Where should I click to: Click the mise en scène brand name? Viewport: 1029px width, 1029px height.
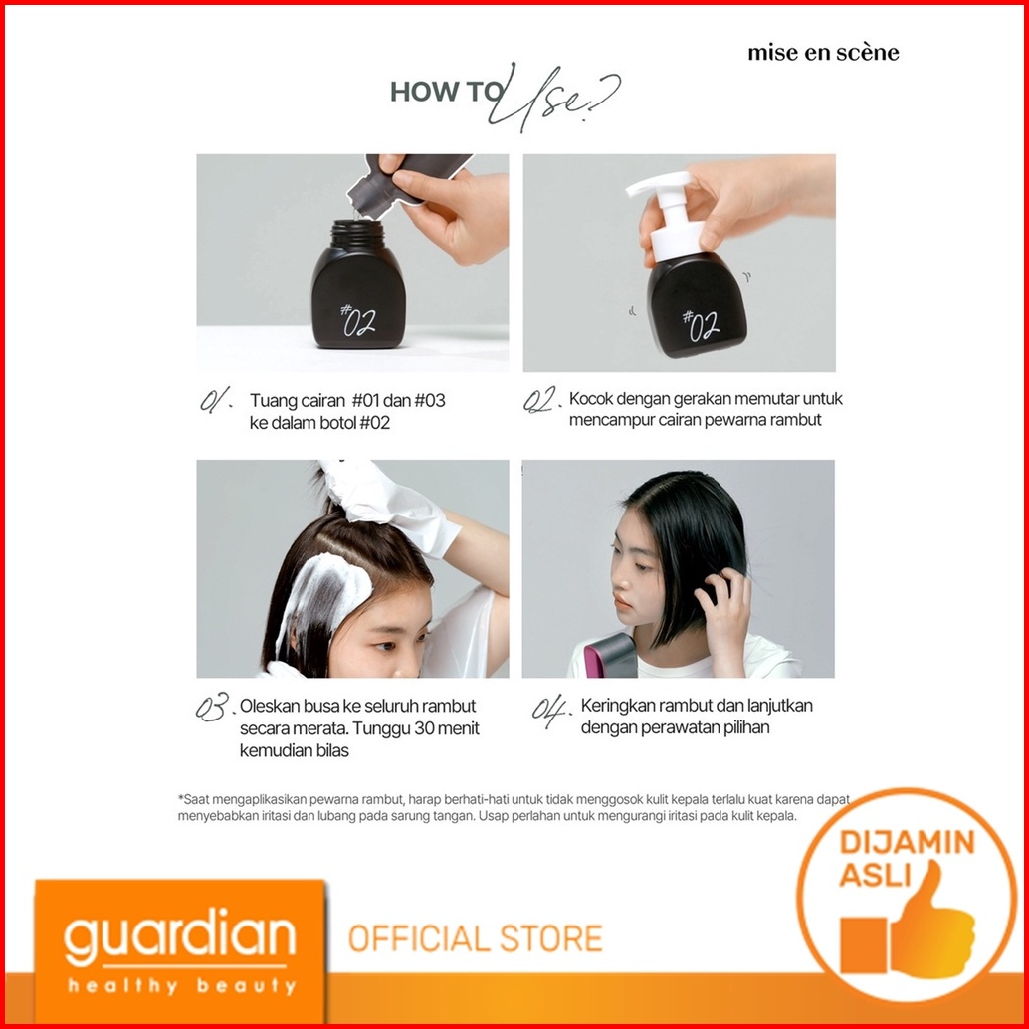tap(823, 52)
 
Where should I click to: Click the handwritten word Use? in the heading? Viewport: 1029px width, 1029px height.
tap(554, 98)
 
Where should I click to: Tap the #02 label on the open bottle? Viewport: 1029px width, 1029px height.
tap(358, 319)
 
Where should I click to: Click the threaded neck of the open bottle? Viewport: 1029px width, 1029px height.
tap(357, 232)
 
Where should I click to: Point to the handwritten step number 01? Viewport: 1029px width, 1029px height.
tap(216, 400)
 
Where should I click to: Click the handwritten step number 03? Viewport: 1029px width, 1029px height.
tap(214, 707)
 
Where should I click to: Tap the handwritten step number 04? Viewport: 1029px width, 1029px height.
tap(550, 710)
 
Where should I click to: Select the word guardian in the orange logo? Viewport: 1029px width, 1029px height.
tap(179, 936)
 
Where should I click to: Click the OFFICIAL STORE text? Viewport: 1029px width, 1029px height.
tap(475, 938)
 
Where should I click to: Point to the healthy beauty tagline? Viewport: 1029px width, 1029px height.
tap(181, 985)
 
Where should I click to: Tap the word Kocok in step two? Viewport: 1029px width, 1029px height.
tap(591, 398)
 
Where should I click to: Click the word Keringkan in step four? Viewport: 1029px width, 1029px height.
tap(618, 707)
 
